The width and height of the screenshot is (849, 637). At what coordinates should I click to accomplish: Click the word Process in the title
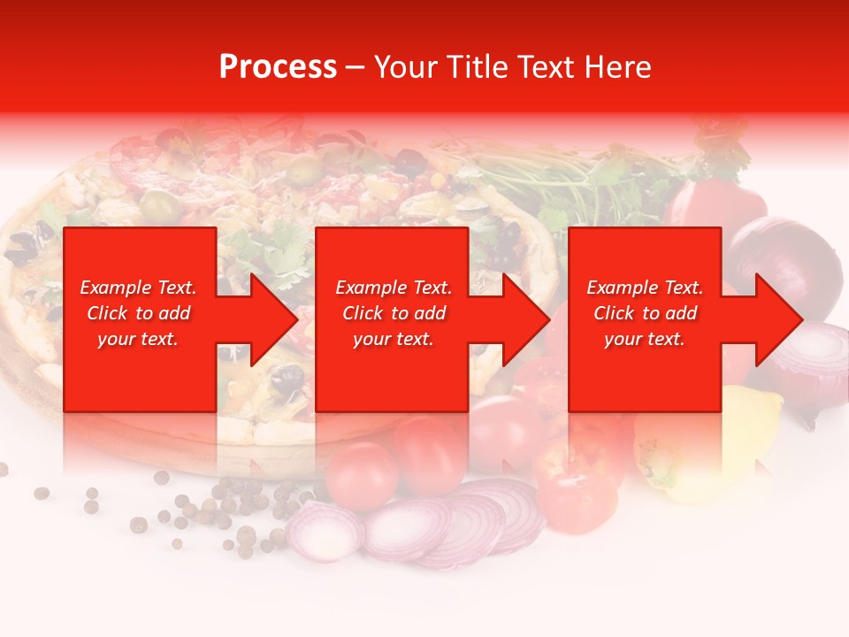tap(278, 67)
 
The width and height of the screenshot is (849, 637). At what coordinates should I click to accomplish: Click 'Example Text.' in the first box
tap(138, 288)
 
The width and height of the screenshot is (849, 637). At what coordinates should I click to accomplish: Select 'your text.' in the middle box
tap(393, 339)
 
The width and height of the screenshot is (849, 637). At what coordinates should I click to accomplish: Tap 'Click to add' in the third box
tap(645, 313)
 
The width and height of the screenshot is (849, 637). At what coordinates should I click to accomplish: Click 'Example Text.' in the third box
tap(645, 288)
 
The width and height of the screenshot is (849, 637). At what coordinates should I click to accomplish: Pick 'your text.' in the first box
tap(138, 339)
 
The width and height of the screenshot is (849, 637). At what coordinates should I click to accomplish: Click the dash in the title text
tap(355, 67)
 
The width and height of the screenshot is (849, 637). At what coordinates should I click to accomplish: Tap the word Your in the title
tap(408, 67)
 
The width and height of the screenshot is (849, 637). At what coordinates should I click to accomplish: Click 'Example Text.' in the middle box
tap(393, 288)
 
